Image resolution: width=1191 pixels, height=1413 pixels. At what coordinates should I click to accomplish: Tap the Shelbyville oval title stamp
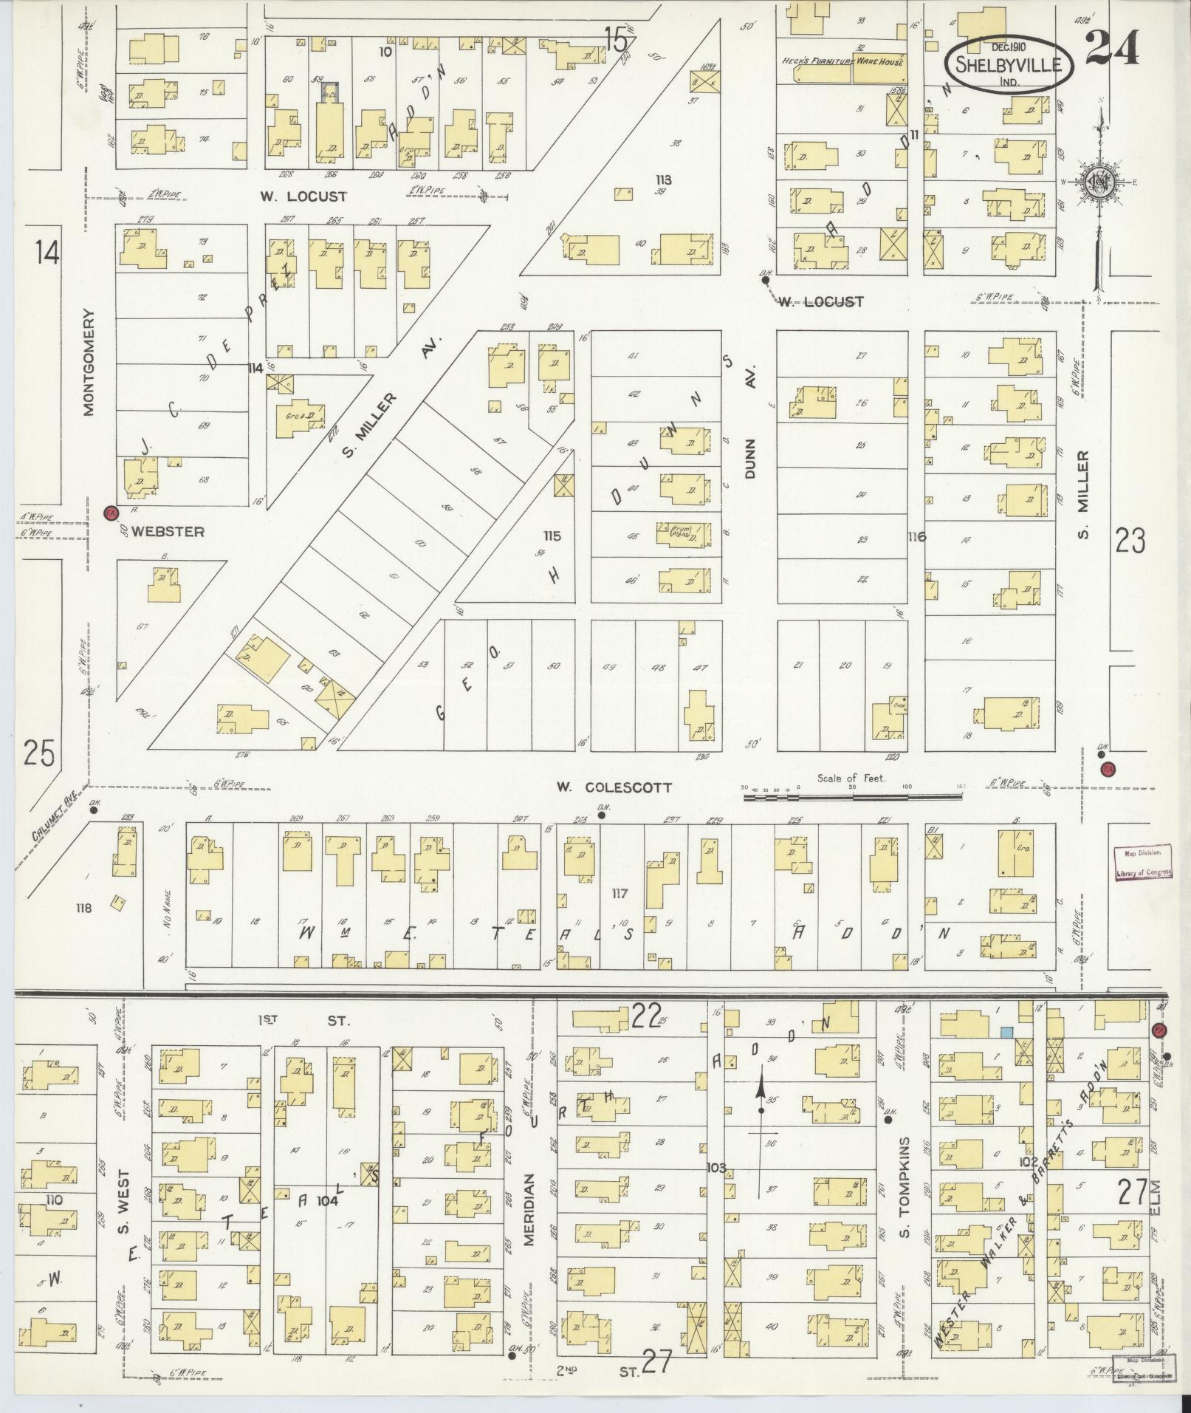click(1009, 64)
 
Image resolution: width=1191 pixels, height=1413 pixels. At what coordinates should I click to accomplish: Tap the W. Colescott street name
click(614, 787)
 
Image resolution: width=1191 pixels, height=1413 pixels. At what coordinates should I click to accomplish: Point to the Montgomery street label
click(90, 362)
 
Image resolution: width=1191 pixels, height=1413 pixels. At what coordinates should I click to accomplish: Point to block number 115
click(552, 536)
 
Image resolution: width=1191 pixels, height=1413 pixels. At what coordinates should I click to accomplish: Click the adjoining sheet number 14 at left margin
click(46, 253)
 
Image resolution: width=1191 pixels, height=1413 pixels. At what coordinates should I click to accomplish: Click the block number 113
click(663, 179)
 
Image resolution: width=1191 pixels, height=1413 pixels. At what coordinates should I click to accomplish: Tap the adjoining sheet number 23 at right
click(1130, 542)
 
